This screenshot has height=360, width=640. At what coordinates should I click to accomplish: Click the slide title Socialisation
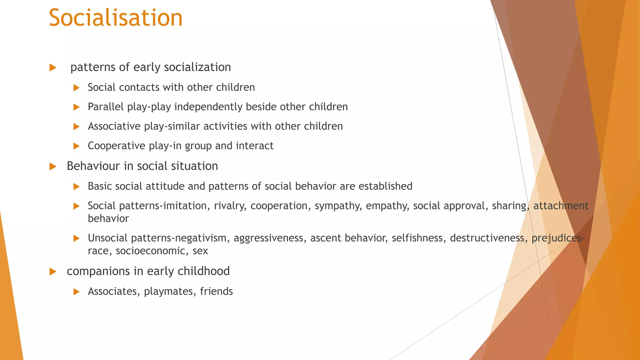tap(116, 18)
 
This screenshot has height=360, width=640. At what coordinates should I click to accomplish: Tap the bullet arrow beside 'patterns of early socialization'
tap(53, 67)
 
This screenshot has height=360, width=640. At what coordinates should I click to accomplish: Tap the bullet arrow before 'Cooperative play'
tap(77, 146)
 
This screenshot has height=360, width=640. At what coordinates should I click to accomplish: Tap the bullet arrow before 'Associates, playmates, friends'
tap(77, 292)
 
